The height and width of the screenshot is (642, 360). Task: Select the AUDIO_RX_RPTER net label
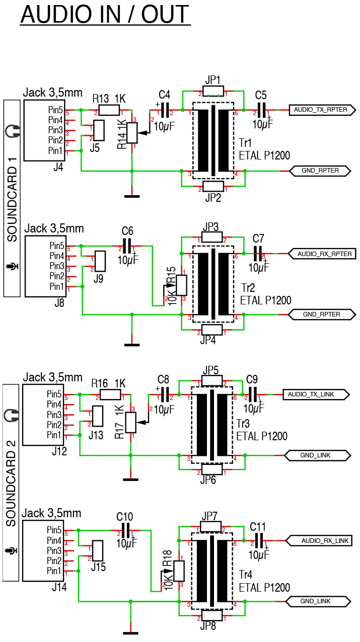pyautogui.click(x=322, y=254)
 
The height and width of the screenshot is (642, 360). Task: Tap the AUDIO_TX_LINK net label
pyautogui.click(x=316, y=394)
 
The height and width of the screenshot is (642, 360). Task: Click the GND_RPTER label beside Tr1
pyautogui.click(x=320, y=171)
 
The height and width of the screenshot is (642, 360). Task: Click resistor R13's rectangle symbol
pyautogui.click(x=109, y=110)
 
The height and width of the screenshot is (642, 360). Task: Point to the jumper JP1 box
pyautogui.click(x=213, y=91)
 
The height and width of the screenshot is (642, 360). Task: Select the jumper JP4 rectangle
pyautogui.click(x=212, y=330)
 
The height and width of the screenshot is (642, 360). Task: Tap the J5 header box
pyautogui.click(x=99, y=130)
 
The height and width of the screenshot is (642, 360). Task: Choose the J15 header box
pyautogui.click(x=98, y=550)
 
